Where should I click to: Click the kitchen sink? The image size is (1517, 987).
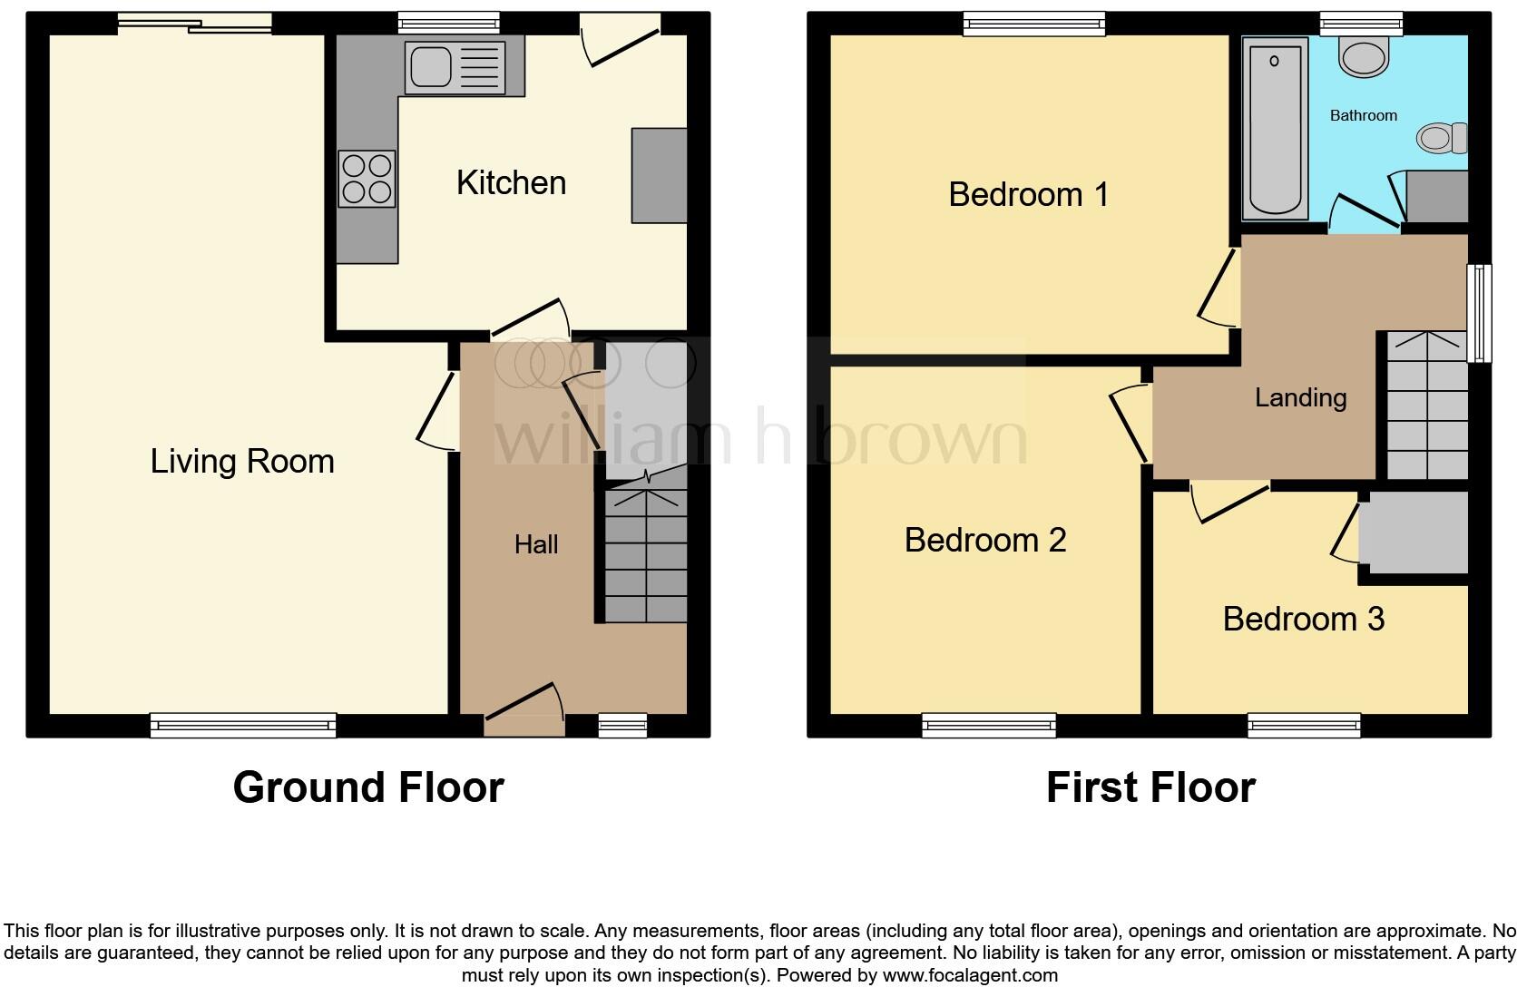(455, 66)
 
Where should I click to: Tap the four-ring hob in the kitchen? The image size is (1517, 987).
(367, 179)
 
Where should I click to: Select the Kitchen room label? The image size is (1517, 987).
(511, 183)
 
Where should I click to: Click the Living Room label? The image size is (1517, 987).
(242, 462)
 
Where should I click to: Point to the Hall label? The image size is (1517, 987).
(536, 544)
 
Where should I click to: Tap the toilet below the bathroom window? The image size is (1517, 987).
(1364, 57)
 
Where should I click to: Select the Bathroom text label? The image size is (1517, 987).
(1363, 115)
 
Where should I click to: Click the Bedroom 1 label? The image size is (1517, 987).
(1028, 194)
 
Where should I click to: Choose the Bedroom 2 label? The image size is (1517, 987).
(984, 540)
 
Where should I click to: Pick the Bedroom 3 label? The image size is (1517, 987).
(1303, 619)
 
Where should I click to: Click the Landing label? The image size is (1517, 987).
(1300, 397)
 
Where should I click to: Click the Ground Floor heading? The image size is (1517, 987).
(367, 787)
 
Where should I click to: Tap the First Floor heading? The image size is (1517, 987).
(1150, 787)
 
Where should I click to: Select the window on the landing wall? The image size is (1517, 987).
(1480, 313)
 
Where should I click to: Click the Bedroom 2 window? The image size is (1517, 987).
(989, 724)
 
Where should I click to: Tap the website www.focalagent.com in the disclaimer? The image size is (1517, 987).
(970, 976)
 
